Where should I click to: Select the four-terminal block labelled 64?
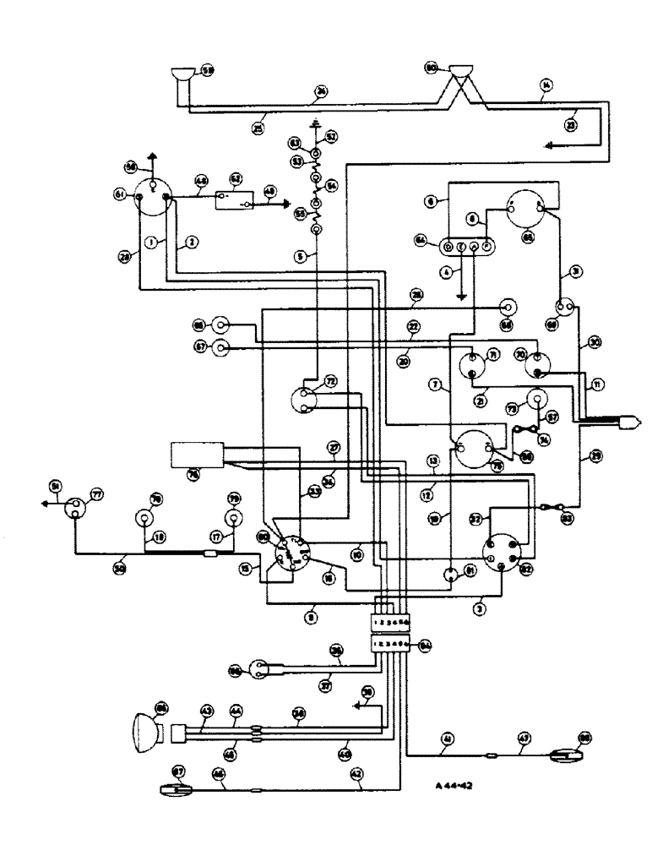(468, 247)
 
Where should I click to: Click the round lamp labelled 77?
(73, 510)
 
